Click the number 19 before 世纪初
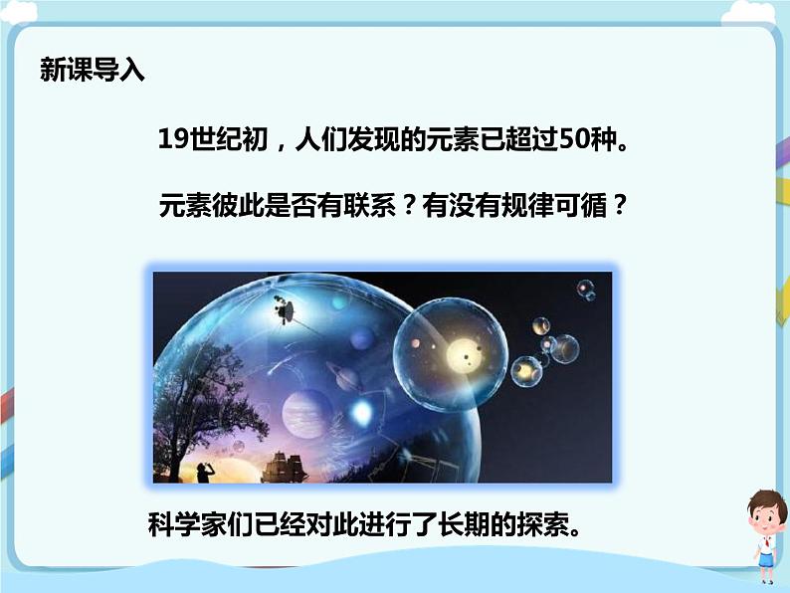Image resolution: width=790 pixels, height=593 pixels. pos(172,141)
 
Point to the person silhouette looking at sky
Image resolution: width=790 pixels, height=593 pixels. pos(204,471)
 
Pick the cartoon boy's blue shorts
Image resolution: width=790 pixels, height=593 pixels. pos(765,561)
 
